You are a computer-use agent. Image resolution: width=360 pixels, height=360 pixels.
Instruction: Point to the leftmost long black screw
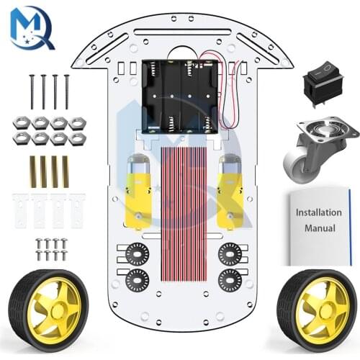32,91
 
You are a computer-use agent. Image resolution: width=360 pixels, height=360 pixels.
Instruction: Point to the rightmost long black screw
66,91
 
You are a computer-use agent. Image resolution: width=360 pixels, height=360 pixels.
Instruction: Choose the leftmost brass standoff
32,171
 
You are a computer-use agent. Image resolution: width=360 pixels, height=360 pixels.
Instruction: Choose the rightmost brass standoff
66,171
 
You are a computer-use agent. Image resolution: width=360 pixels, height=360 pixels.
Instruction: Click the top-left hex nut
22,123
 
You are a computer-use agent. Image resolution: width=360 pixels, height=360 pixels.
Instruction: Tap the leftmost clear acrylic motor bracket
20,209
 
